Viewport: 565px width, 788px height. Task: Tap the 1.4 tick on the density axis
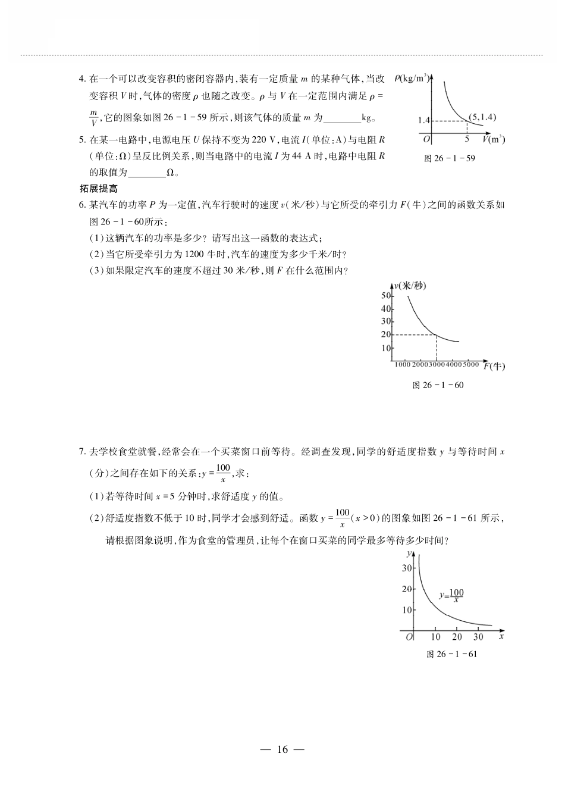(423, 120)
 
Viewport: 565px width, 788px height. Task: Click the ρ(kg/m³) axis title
(411, 79)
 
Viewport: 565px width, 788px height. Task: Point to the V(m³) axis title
(493, 139)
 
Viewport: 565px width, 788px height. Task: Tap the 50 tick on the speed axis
(386, 296)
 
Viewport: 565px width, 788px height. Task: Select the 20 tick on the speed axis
(386, 334)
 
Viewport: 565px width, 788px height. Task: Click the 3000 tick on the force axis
(437, 364)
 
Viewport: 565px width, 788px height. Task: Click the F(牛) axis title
(494, 366)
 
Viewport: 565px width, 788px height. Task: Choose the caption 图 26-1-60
(438, 385)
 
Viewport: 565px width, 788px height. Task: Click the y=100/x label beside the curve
(451, 595)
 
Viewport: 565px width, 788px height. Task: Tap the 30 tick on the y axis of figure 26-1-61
(407, 568)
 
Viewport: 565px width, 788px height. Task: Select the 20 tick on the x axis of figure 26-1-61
(457, 637)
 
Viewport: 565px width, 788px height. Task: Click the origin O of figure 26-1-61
(409, 637)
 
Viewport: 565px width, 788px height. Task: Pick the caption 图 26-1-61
(452, 654)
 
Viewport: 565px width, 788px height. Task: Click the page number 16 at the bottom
(282, 749)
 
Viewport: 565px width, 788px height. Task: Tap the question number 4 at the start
(81, 79)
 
